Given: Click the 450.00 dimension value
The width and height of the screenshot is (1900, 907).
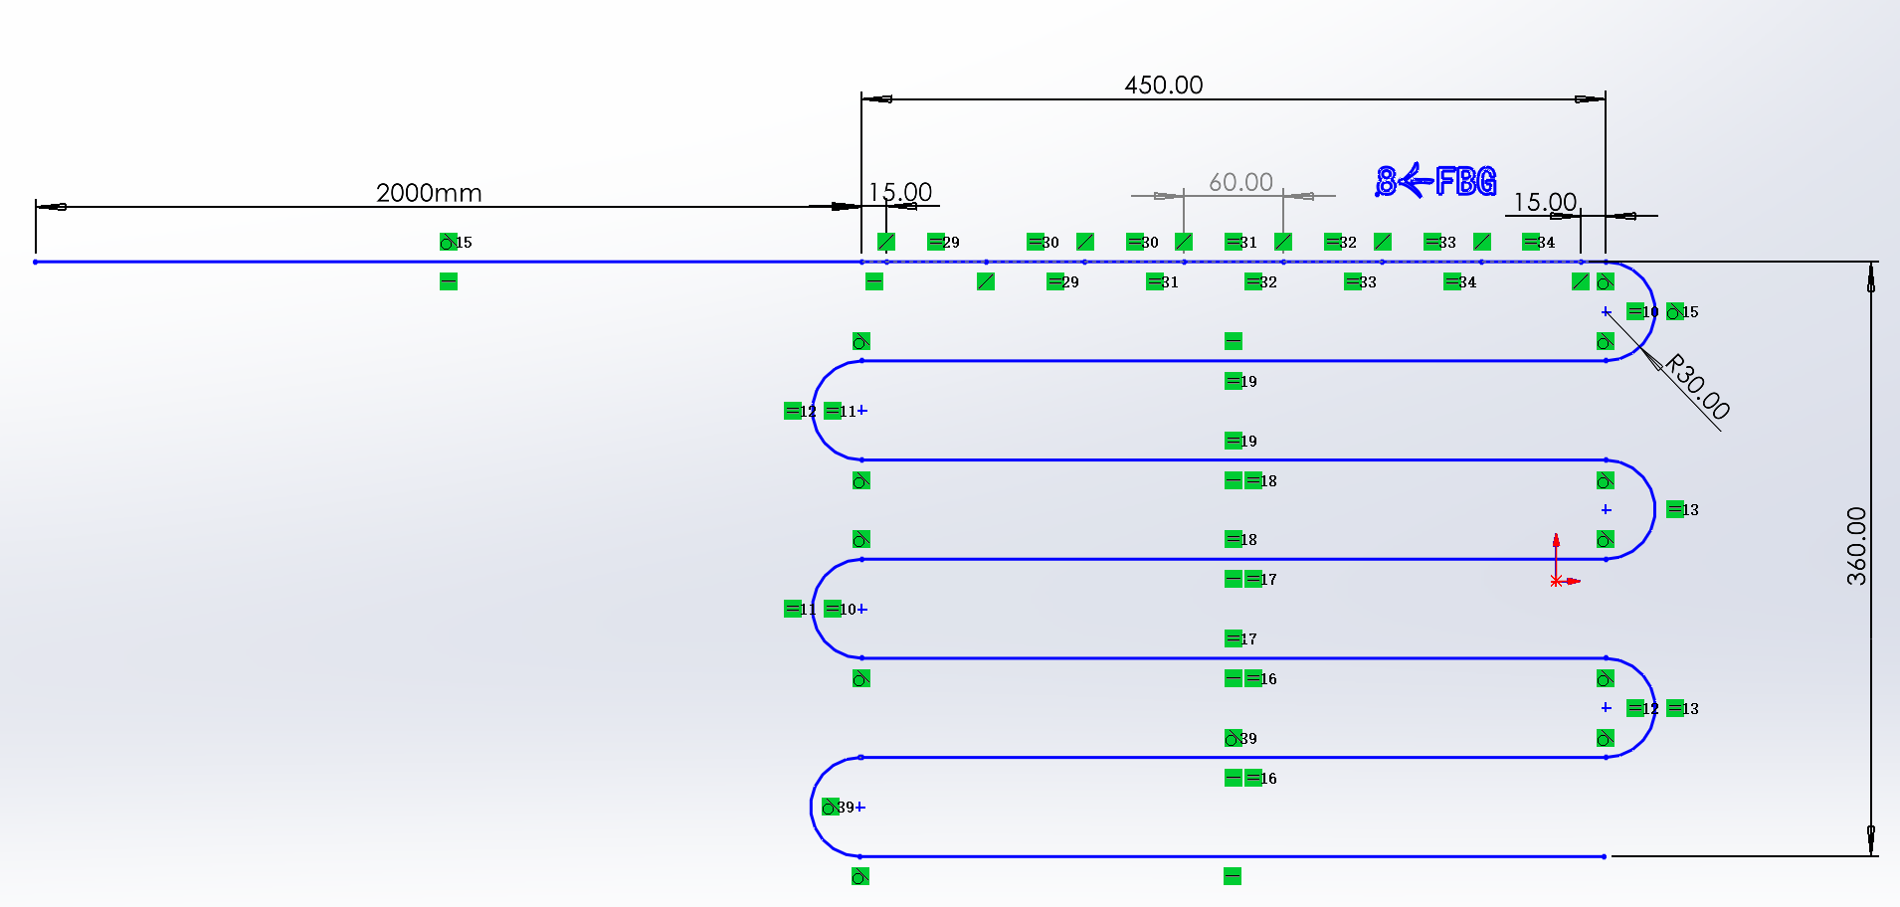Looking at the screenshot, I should (1163, 86).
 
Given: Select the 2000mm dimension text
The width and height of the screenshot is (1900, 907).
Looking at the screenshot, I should (429, 193).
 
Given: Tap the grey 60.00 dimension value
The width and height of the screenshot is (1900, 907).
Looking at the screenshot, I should (1240, 183).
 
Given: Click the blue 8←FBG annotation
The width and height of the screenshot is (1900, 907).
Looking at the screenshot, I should (1435, 181).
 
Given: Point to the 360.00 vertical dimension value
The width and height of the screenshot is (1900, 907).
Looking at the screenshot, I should (1856, 546).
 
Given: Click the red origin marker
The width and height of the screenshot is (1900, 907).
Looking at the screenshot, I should (1556, 581).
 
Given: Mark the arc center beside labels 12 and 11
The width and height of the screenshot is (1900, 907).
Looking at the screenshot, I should (862, 410).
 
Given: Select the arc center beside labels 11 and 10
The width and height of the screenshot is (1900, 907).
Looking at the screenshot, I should (862, 609).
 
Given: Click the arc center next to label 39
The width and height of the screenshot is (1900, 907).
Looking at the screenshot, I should (860, 807).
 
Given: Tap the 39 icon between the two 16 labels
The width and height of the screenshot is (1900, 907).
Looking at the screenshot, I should (1234, 738).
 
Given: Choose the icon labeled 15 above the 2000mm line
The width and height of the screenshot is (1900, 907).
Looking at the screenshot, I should (449, 242).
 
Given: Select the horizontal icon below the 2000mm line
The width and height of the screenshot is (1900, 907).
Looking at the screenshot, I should (449, 281).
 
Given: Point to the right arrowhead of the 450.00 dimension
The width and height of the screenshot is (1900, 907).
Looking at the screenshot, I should (1590, 98).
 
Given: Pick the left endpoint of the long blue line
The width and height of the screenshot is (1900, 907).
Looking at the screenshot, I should (36, 262).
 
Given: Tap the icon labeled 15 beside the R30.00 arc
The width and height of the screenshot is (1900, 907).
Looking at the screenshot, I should (1675, 311).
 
